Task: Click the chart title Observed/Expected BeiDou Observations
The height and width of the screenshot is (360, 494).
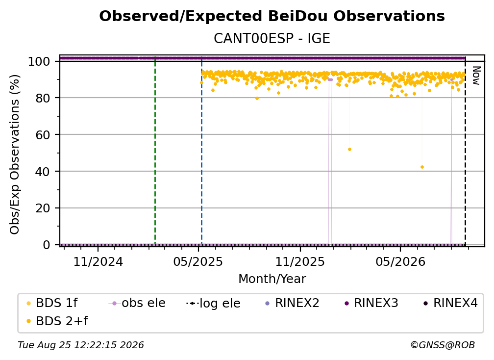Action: tap(272, 16)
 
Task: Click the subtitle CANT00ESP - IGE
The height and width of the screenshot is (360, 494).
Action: tap(272, 38)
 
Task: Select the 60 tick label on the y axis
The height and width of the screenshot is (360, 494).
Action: tap(43, 135)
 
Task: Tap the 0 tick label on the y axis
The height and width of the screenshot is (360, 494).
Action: tap(47, 245)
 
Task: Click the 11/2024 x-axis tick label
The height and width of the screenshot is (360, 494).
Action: tap(98, 261)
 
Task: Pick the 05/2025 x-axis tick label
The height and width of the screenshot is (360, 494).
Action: tap(198, 261)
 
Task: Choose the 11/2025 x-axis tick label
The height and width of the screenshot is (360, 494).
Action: tap(300, 261)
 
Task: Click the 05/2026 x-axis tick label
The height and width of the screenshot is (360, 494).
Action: tap(400, 261)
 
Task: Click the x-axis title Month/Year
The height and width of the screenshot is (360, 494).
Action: tap(272, 279)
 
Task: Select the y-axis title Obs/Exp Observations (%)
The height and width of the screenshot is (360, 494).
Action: tap(15, 154)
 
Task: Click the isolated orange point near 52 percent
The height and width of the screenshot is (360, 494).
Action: tap(349, 150)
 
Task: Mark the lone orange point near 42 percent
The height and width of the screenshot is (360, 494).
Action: tap(422, 167)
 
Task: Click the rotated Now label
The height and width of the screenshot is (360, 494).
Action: tap(476, 76)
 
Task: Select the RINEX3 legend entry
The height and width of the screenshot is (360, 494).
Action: tap(372, 303)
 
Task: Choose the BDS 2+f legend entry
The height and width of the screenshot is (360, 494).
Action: tap(57, 321)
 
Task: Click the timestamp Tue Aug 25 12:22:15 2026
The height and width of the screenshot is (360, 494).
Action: tap(81, 345)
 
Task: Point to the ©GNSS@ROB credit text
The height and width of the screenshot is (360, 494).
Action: tap(443, 345)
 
